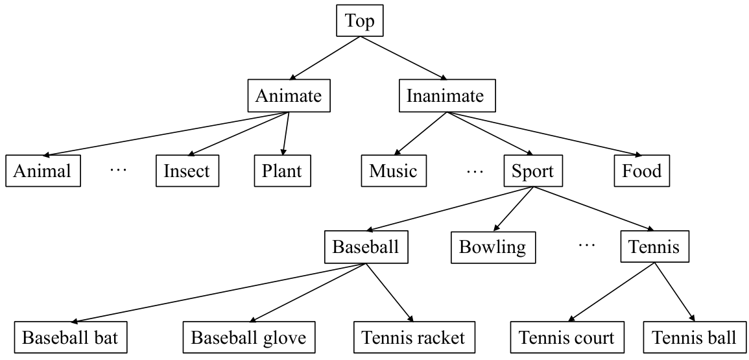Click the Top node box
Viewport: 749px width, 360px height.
(x=360, y=21)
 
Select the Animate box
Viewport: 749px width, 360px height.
(x=289, y=96)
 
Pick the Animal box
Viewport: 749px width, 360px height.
(x=43, y=171)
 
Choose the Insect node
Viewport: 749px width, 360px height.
(x=187, y=171)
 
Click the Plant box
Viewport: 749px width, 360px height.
(x=282, y=171)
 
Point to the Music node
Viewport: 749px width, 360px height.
(x=393, y=171)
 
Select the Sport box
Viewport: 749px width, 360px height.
(x=533, y=171)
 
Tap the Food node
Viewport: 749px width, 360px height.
(x=641, y=171)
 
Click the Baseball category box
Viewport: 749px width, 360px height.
(x=366, y=246)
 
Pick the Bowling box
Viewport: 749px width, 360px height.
(x=492, y=246)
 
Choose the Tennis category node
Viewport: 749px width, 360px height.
(x=654, y=246)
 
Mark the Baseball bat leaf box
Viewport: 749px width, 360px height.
(x=70, y=337)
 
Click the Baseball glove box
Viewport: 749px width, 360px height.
(x=249, y=337)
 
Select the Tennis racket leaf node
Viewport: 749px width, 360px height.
(x=413, y=337)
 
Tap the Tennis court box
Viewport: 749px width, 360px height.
(x=567, y=337)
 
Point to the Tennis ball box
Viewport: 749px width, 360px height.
(x=694, y=337)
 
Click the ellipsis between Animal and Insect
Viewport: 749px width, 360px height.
(x=118, y=171)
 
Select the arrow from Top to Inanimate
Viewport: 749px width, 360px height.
(x=403, y=58)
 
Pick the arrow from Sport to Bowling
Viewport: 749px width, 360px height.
(x=513, y=208)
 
